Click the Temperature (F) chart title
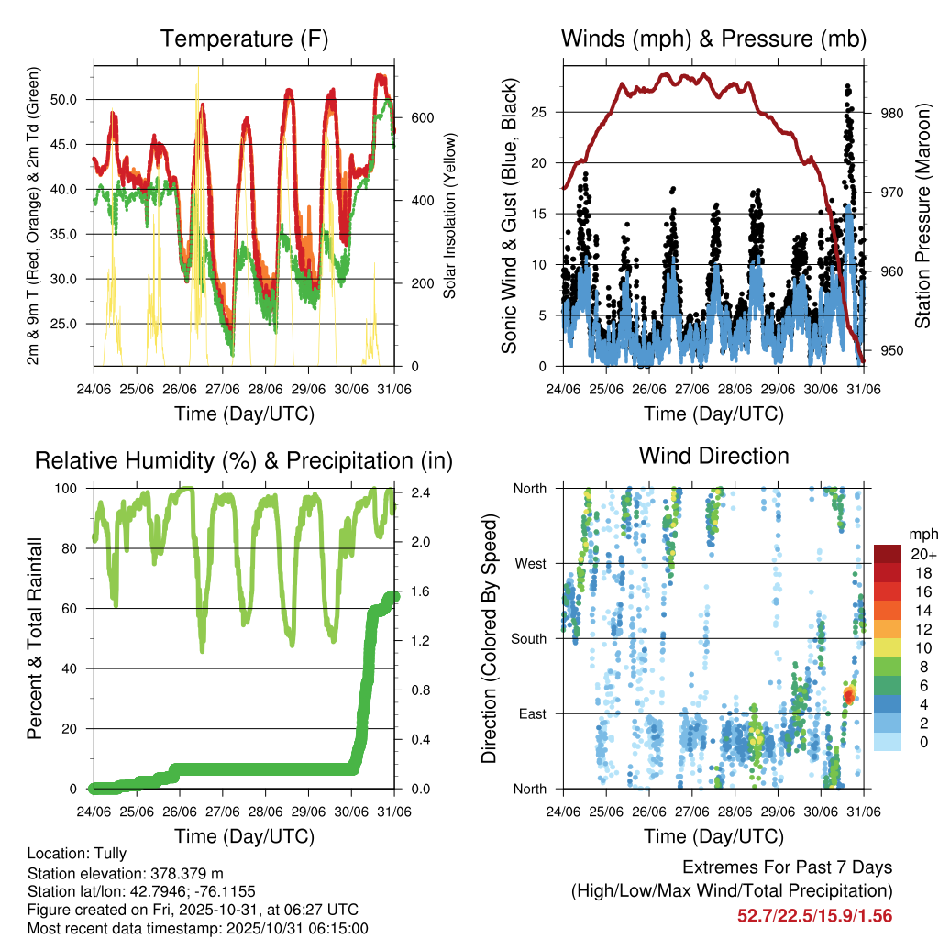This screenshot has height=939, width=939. pos(244,39)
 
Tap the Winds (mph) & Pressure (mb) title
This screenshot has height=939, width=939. pos(713,39)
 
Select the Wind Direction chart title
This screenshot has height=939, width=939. pos(713,456)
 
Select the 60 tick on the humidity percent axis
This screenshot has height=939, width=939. pos(77,609)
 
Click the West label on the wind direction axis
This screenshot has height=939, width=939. pos(530,564)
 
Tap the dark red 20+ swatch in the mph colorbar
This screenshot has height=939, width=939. pos(888,554)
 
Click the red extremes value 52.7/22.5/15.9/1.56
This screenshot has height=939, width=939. pos(814,915)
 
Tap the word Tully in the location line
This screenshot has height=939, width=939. pos(109,853)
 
